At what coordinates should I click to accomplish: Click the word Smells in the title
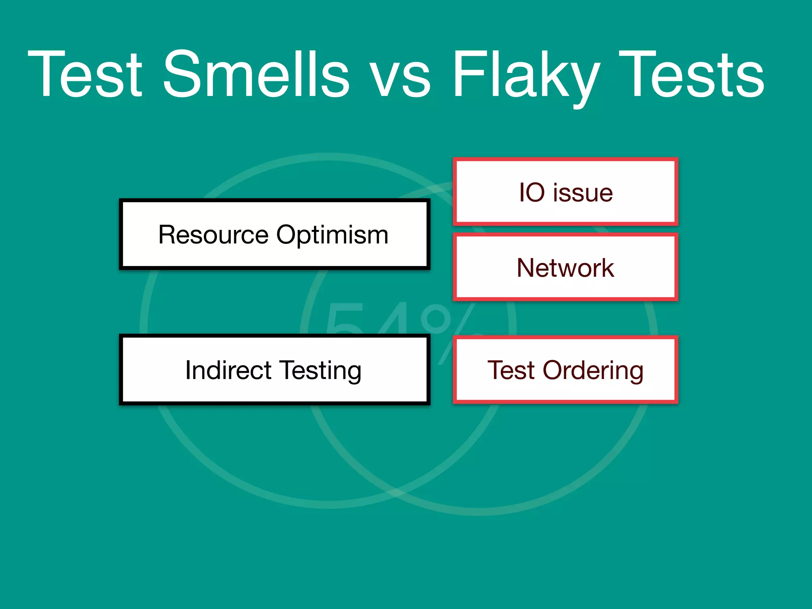[256, 74]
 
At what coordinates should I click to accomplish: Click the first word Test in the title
[85, 74]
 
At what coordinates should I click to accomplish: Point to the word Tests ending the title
[691, 74]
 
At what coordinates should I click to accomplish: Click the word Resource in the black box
[213, 235]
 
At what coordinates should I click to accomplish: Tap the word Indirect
[228, 370]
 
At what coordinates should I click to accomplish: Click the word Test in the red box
[511, 370]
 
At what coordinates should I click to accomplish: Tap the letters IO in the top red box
[532, 193]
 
